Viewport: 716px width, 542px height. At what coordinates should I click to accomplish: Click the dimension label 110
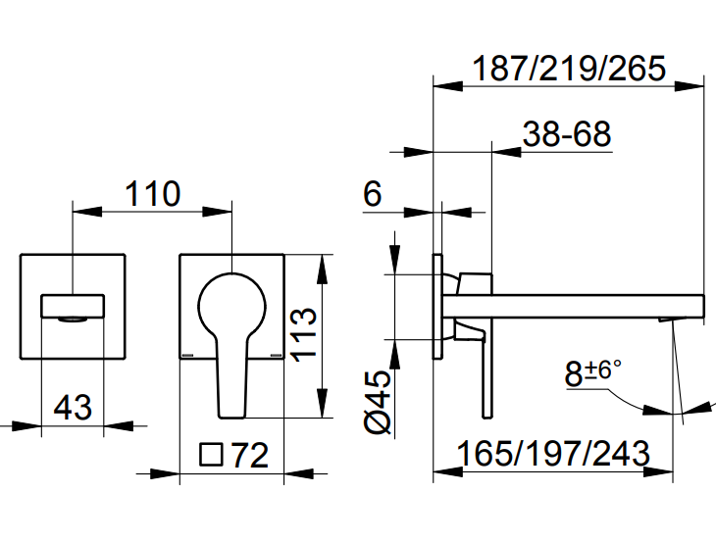point(152,193)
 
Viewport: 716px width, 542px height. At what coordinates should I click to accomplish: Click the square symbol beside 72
point(211,455)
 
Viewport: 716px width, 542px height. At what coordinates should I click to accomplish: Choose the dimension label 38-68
point(567,133)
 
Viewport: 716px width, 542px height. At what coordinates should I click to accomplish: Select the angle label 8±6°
point(593,373)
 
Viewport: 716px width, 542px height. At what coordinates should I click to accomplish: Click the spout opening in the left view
point(72,316)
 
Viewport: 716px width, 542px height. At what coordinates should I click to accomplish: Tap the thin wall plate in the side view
point(438,309)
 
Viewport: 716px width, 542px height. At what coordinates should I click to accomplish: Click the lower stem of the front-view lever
point(230,387)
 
